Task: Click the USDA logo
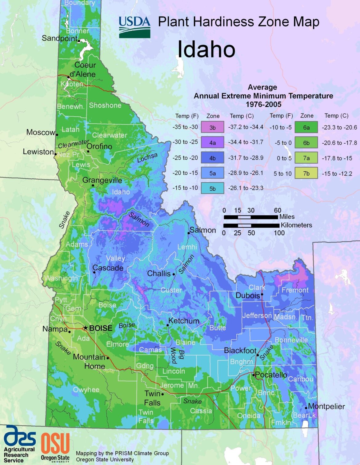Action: coord(134,27)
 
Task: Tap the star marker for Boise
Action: coord(86,328)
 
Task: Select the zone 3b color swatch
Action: coord(212,127)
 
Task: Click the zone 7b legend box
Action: coord(306,173)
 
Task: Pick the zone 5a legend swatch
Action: coord(212,173)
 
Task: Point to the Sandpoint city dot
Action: coord(79,41)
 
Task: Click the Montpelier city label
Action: coord(326,406)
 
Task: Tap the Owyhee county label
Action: coord(86,390)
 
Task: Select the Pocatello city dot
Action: coord(254,375)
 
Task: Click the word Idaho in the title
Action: coord(206,49)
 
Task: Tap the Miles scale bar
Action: coord(251,217)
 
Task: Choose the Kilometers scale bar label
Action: coord(296,225)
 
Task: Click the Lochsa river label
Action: coord(147,157)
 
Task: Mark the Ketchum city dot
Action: coord(168,325)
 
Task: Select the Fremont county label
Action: coord(295,290)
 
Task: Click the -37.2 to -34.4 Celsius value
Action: coord(246,127)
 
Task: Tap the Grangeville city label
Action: coord(102,180)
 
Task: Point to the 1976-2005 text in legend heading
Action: coord(263,104)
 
